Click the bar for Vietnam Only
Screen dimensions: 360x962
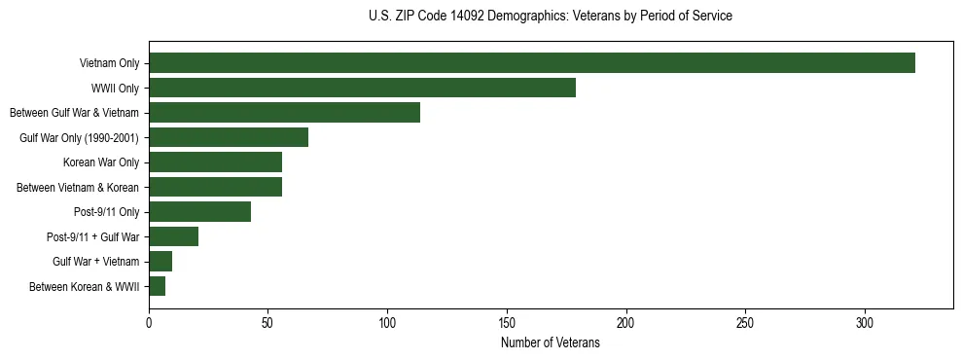[x=532, y=63]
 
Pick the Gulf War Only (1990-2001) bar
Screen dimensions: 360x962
[x=229, y=137]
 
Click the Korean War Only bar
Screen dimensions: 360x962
[x=215, y=162]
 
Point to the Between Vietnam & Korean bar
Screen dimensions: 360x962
[x=215, y=187]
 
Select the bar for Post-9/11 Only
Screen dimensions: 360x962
[x=199, y=212]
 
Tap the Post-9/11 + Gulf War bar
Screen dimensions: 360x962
[x=173, y=236]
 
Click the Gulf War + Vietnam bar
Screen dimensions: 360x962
[x=160, y=262]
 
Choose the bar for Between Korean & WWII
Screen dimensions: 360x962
[x=157, y=286]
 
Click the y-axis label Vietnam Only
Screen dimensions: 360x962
[x=109, y=64]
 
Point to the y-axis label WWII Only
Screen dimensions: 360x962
[x=115, y=89]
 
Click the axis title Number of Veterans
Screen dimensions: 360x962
[x=550, y=343]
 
